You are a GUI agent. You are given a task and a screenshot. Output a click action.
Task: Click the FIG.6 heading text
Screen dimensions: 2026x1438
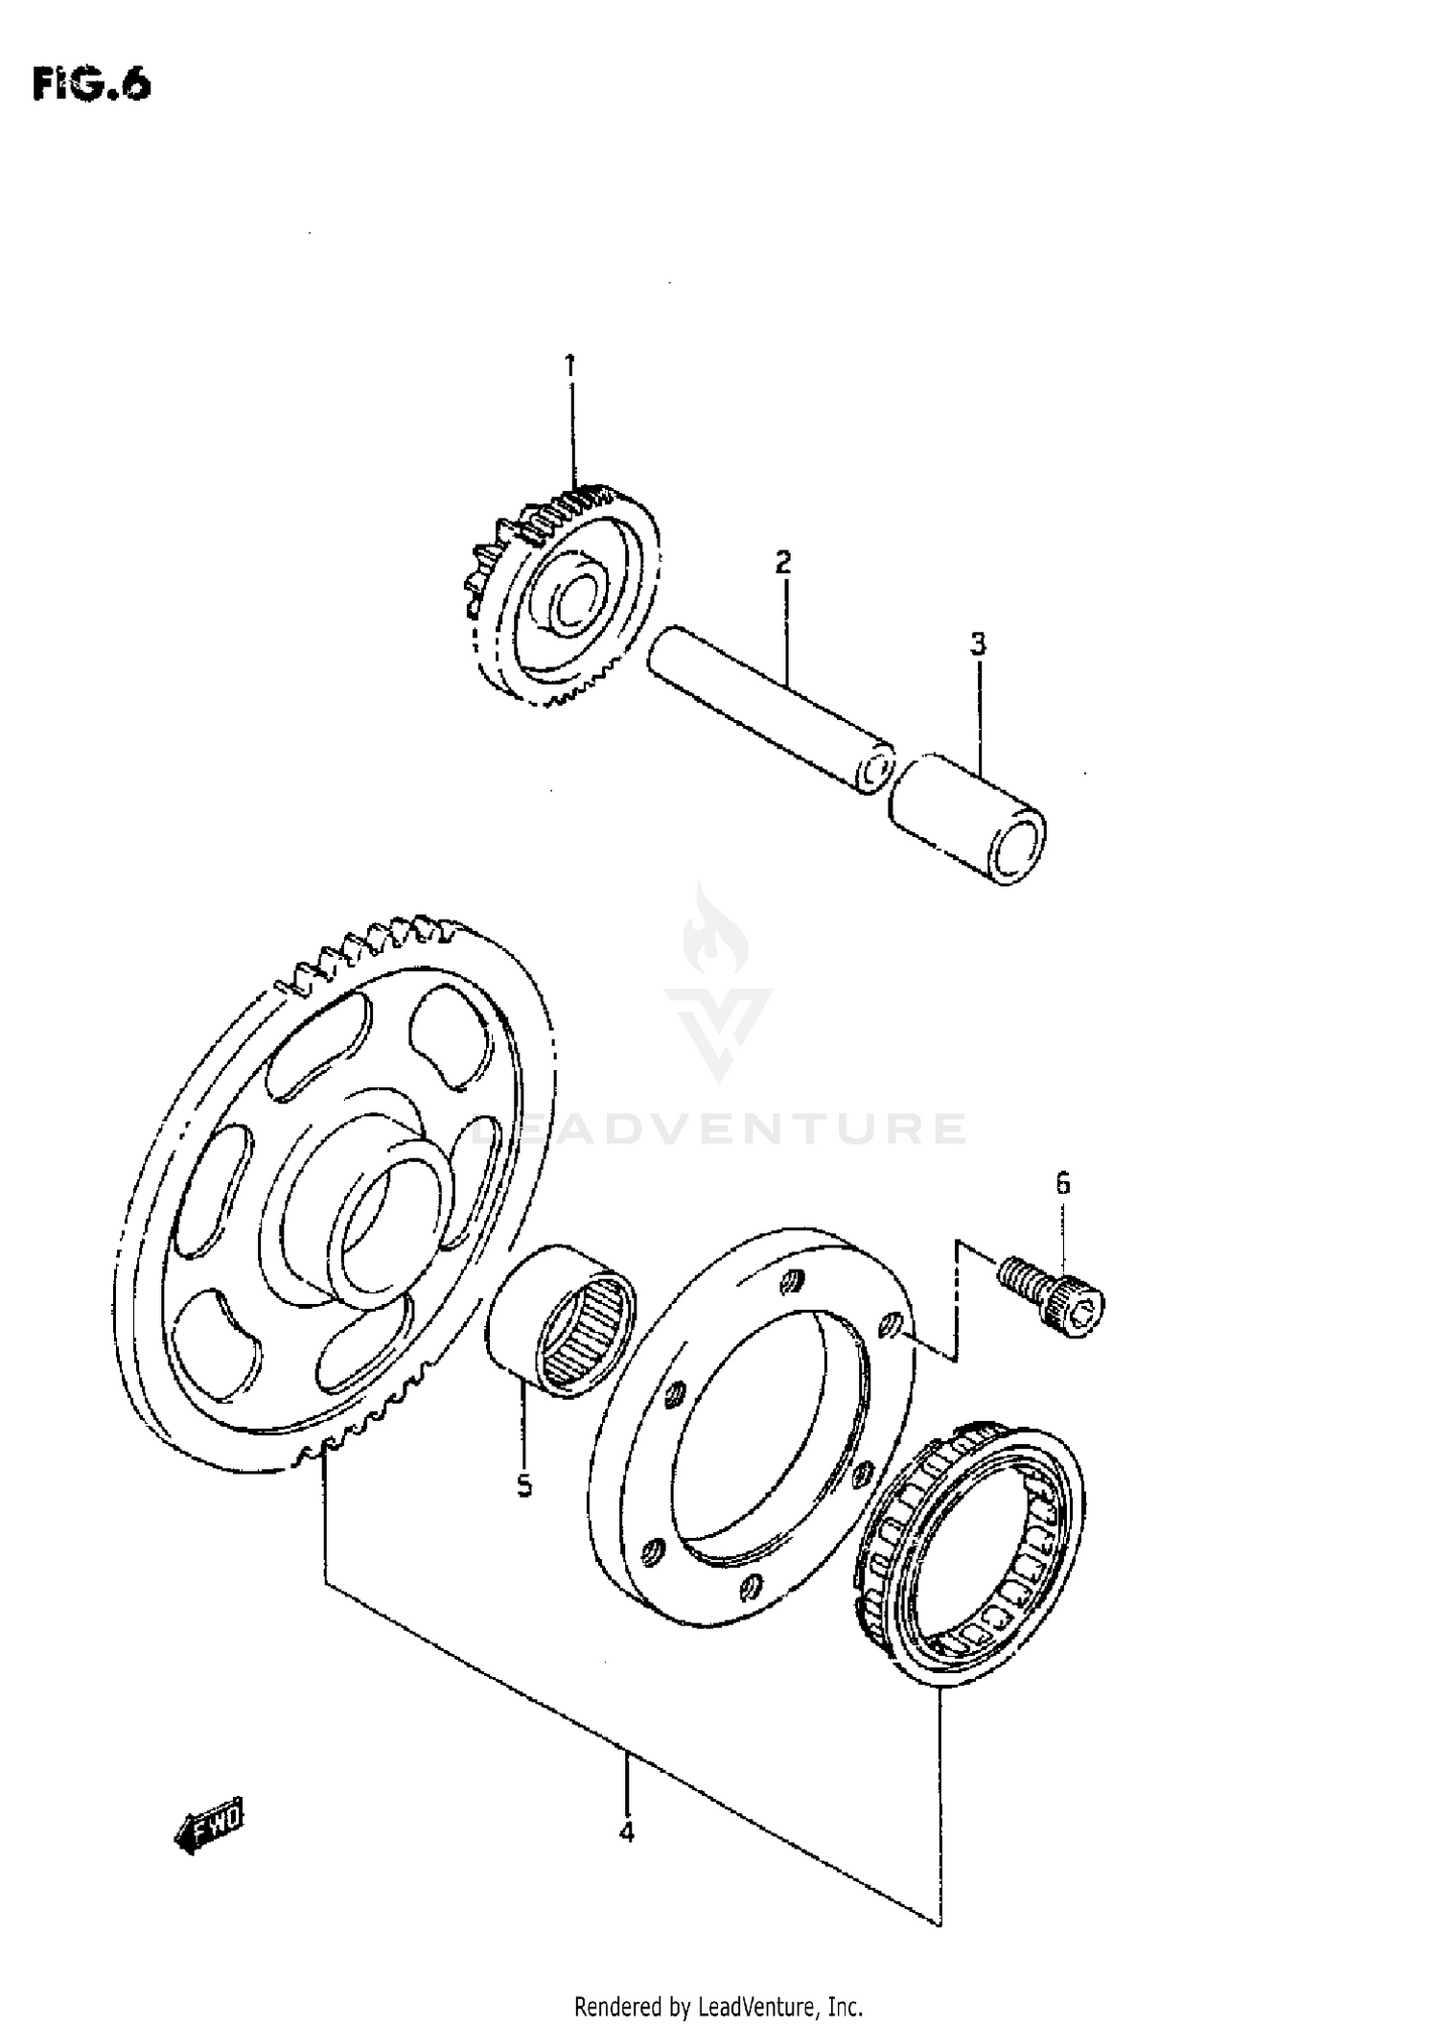click(92, 84)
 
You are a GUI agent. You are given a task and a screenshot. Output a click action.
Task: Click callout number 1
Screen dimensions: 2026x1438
click(569, 365)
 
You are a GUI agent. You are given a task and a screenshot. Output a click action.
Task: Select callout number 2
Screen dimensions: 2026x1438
click(783, 563)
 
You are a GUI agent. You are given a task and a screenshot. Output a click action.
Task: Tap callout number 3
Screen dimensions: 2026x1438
click(977, 644)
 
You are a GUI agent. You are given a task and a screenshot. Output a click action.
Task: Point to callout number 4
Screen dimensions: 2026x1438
click(626, 1831)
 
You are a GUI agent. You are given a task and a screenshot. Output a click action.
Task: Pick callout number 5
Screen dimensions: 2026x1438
click(524, 1485)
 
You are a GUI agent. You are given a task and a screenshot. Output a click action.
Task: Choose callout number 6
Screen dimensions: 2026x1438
click(1063, 1184)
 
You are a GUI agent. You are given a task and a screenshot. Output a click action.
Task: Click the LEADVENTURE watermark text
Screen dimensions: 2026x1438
click(719, 1129)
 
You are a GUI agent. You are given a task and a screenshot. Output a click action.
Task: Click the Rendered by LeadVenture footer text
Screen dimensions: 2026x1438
click(718, 2005)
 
